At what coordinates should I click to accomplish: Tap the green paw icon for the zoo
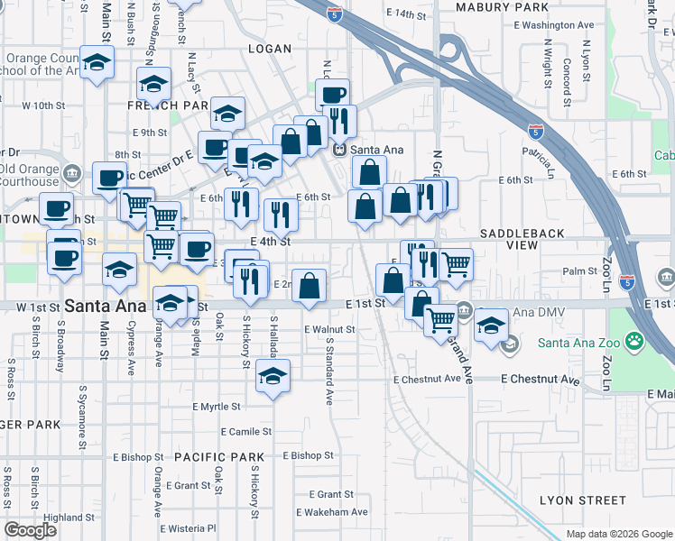click(x=636, y=342)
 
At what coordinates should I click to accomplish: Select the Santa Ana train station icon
click(x=341, y=150)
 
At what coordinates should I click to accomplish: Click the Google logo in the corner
click(x=30, y=530)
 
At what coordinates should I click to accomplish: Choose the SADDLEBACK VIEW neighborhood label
click(x=522, y=239)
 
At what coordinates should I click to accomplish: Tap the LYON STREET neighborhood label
click(x=582, y=500)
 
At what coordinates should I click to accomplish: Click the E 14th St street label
click(x=404, y=14)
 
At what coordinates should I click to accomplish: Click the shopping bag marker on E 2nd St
click(x=309, y=285)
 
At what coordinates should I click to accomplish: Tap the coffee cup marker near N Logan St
click(x=332, y=95)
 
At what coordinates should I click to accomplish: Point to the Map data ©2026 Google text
click(x=618, y=534)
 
